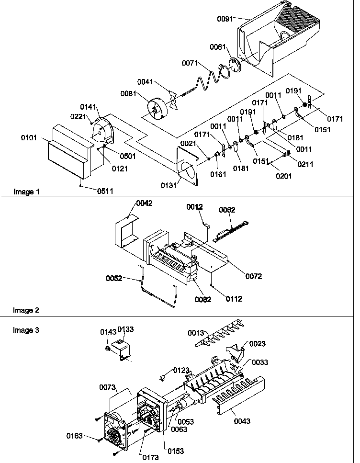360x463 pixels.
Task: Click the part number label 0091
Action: [225, 20]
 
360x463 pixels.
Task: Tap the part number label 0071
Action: [190, 63]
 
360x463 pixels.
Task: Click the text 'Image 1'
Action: [26, 192]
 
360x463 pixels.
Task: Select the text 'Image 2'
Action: [26, 310]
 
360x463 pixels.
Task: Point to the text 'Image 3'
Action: [26, 330]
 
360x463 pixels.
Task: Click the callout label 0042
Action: [144, 203]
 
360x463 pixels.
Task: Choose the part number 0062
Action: [227, 210]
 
